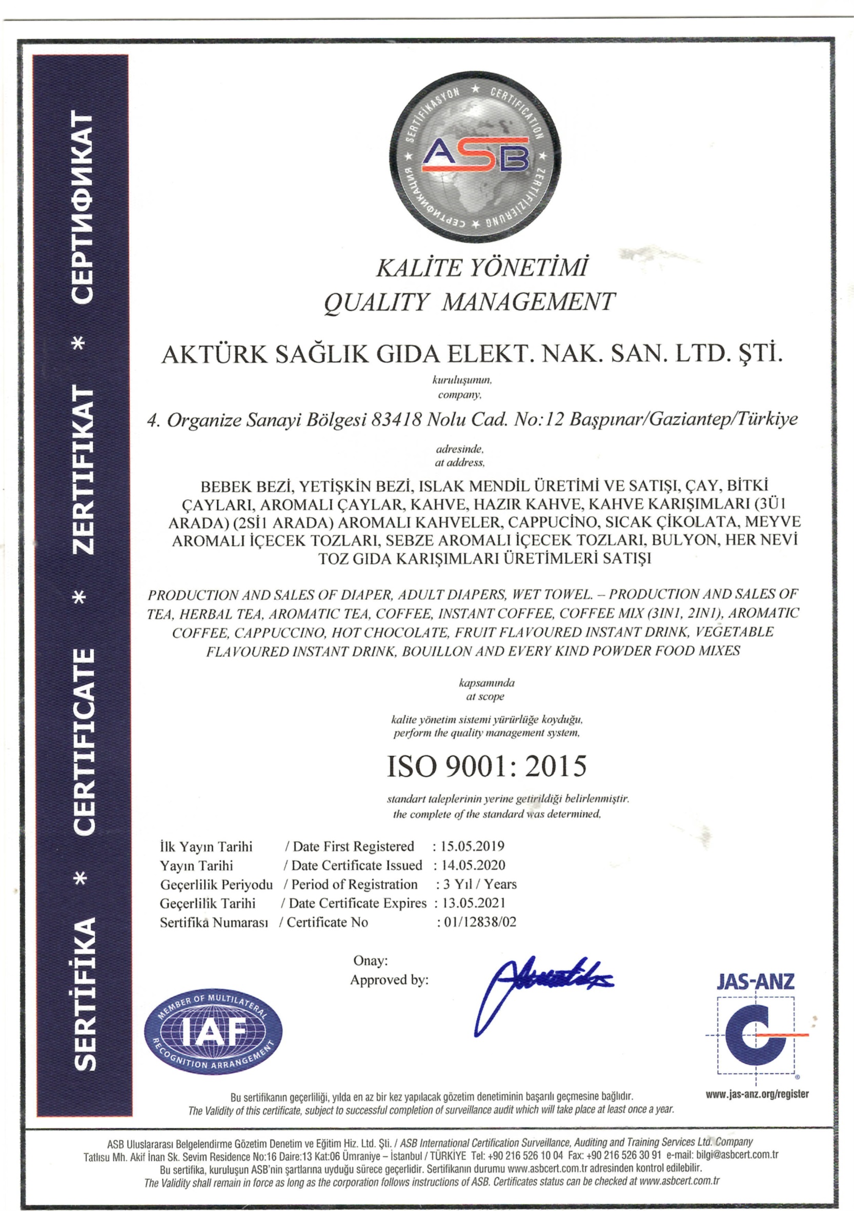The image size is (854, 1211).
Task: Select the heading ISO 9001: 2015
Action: click(486, 767)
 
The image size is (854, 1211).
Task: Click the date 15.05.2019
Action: click(473, 846)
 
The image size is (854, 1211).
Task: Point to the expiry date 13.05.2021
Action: click(474, 903)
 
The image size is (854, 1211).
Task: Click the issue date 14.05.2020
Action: click(473, 865)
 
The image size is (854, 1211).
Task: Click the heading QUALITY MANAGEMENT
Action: click(469, 302)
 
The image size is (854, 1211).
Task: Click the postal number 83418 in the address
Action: click(396, 420)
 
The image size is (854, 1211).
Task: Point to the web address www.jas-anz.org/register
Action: click(758, 1094)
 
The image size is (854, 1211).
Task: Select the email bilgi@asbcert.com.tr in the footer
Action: click(733, 1155)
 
